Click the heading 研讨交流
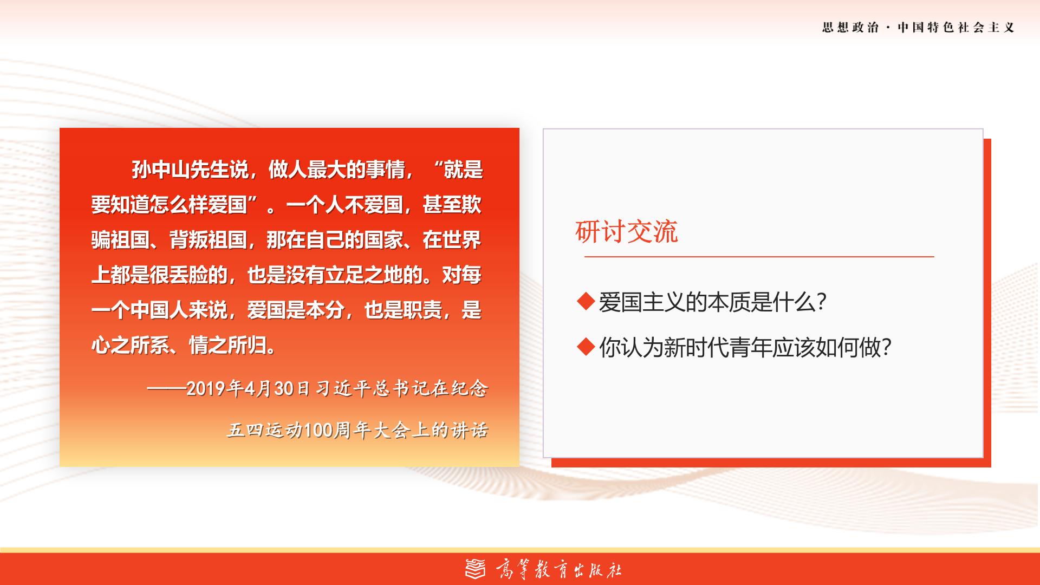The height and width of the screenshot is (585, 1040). point(626,232)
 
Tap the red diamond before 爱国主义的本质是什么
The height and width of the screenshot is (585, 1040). point(586,301)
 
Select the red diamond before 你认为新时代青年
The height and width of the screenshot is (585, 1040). point(586,347)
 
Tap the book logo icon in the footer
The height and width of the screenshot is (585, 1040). point(476,568)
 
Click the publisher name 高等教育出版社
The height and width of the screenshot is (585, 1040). point(558,569)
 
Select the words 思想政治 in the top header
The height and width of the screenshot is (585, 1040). point(850,28)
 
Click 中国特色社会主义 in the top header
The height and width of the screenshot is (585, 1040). point(956,28)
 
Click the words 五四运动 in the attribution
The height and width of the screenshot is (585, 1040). point(265,430)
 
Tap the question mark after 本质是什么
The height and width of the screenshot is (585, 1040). point(821,302)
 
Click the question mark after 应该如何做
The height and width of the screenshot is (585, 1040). point(887,347)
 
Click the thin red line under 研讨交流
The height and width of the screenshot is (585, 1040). point(759,256)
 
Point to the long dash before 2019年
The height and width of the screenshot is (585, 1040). point(166,389)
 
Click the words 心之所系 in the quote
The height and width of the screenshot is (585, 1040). point(130,345)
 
